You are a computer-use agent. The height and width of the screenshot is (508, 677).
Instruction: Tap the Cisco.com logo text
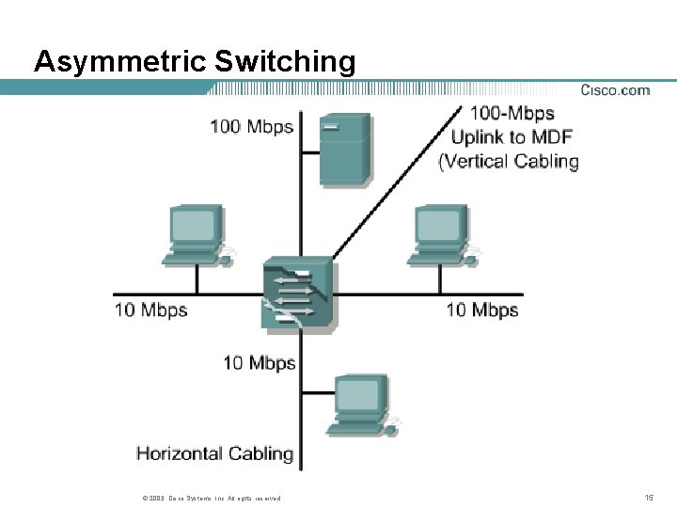[x=615, y=90]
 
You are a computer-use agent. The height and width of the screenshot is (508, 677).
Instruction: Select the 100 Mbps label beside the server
[x=251, y=127]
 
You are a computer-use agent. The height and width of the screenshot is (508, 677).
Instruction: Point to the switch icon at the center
[x=298, y=292]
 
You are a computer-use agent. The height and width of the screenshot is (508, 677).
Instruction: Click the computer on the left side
[x=196, y=233]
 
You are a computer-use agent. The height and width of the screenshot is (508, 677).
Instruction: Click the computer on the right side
[x=441, y=233]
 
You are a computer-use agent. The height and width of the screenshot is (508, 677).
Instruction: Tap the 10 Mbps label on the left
[x=151, y=310]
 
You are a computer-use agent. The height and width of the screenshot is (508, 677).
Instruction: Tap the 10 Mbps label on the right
[x=481, y=310]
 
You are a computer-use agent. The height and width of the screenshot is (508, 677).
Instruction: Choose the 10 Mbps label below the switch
[x=260, y=362]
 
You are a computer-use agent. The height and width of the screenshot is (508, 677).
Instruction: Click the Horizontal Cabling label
[x=215, y=453]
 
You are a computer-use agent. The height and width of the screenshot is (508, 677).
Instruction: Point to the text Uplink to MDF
[x=512, y=137]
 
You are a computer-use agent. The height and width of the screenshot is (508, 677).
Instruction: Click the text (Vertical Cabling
[x=509, y=161]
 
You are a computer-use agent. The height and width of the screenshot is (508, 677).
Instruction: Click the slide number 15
[x=648, y=497]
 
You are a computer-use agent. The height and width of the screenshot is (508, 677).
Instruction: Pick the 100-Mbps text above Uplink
[x=512, y=114]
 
